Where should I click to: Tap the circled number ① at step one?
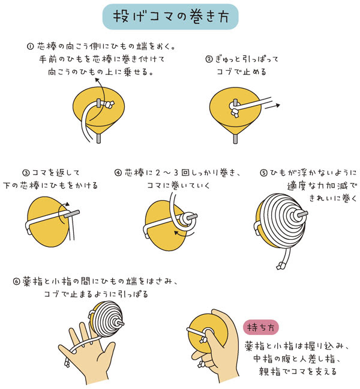[x=31, y=46]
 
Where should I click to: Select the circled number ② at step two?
[x=209, y=59]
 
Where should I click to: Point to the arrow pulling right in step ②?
[x=272, y=105]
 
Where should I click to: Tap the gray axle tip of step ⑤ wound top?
[x=302, y=212]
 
